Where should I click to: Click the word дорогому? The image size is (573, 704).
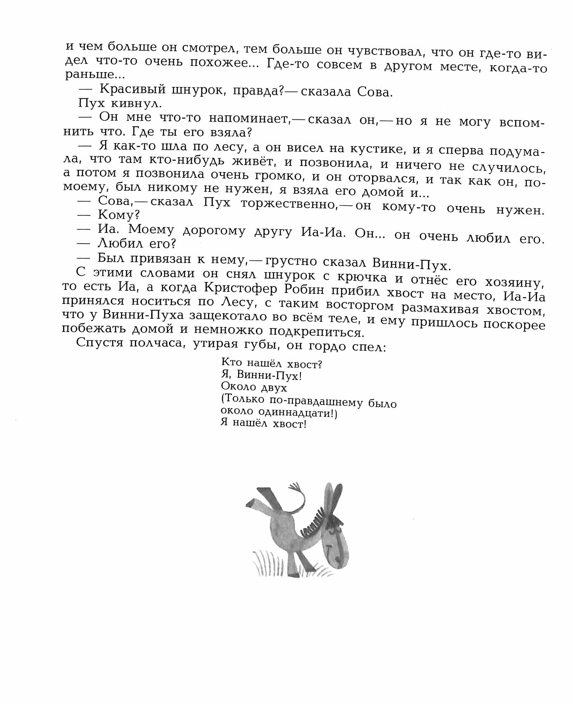[214, 231]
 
